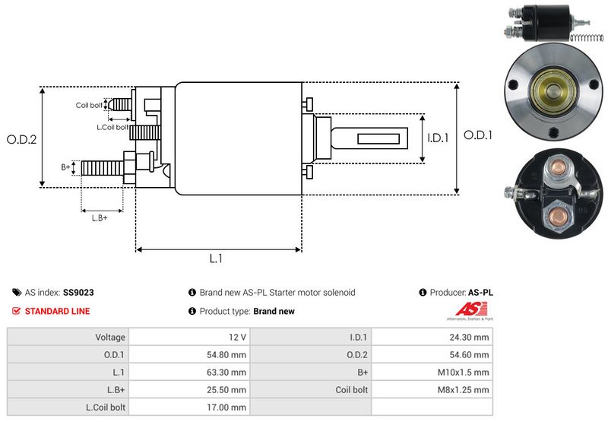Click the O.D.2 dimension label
coord(22,139)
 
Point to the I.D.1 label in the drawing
coord(439,138)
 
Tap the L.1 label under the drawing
coord(216,259)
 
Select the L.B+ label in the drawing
coord(100,218)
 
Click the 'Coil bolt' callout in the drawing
coord(89,106)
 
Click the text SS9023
coord(78,292)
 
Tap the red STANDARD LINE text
coord(57,311)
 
